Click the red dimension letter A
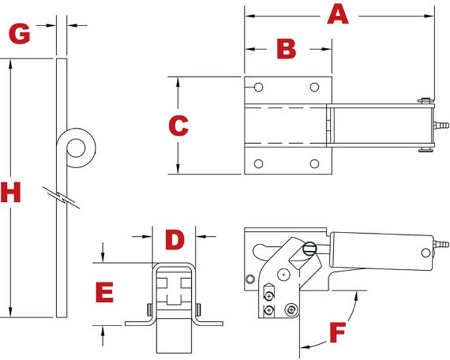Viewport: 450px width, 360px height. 338,14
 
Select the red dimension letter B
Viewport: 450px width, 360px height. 286,48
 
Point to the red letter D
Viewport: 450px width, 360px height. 175,239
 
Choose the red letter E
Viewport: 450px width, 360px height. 104,292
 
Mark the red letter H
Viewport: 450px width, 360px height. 11,194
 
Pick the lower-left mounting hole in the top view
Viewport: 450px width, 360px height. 258,164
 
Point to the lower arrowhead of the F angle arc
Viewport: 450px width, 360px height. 306,345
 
